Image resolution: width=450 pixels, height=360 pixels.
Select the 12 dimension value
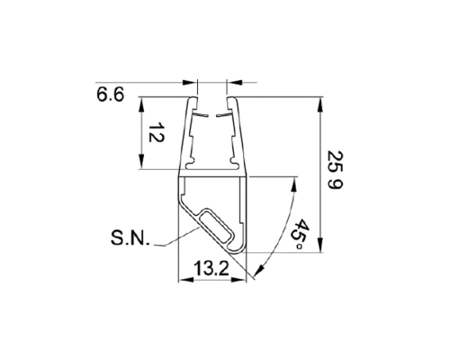157,134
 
